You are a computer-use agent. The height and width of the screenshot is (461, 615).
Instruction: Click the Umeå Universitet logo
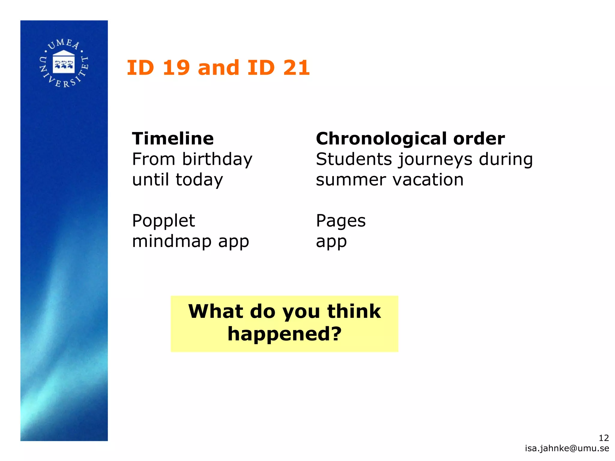tap(64, 63)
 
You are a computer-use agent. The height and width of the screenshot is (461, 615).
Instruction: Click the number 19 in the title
tap(176, 68)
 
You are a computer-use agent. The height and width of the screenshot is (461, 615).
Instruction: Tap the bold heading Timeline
tap(173, 139)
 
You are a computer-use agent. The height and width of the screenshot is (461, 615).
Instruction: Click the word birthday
tap(217, 159)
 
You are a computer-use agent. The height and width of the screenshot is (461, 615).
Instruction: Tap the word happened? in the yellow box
tap(285, 334)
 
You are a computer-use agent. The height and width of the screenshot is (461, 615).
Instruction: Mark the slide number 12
tap(604, 438)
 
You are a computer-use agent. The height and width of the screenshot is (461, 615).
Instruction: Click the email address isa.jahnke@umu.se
tap(567, 448)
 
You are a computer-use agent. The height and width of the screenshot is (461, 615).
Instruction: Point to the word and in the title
tap(218, 68)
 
